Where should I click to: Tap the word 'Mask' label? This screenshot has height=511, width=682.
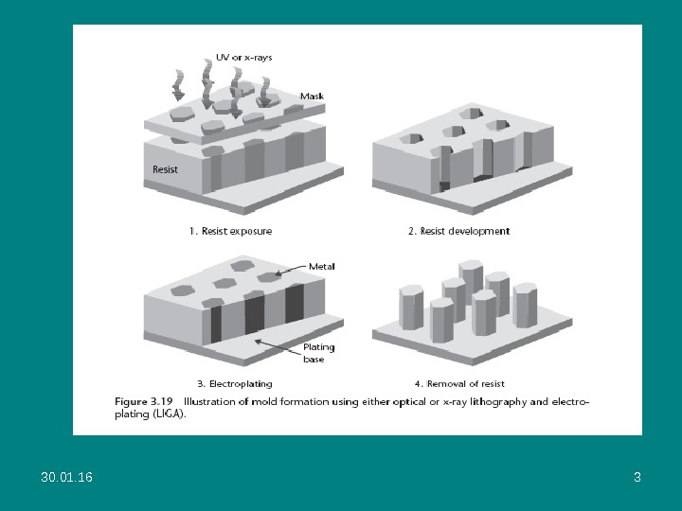point(312,96)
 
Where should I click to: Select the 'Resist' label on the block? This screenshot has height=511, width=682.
point(166,169)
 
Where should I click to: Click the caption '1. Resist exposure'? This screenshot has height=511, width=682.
point(231,230)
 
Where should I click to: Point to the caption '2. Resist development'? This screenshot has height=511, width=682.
point(465,230)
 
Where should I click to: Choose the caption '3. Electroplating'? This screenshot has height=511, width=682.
point(234,383)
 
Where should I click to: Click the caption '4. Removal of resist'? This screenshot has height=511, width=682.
point(459,383)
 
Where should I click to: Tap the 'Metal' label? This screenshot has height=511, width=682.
point(321,267)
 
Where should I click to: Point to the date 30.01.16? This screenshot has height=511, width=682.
point(67,477)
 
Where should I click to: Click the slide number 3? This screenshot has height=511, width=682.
point(637,477)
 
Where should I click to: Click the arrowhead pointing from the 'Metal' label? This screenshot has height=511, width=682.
point(278,275)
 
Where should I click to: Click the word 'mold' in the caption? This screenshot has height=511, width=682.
point(266,402)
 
